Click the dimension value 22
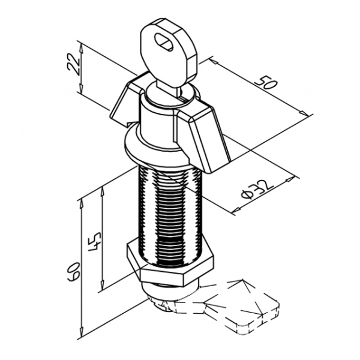coord(73,65)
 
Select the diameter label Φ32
coord(257,190)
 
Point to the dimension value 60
coord(74,271)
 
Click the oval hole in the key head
coord(164,42)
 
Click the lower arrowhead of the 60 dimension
coord(81,334)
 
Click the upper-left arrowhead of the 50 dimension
coord(214,61)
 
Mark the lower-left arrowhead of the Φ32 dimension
coord(236,209)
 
